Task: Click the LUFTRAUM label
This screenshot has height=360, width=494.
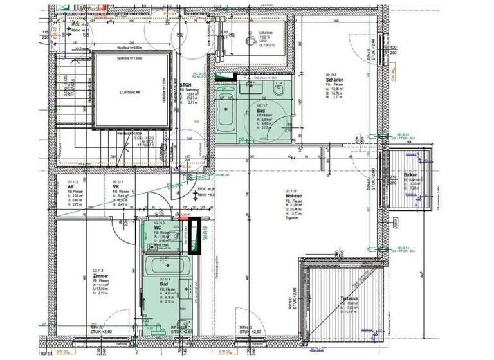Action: pos(131,93)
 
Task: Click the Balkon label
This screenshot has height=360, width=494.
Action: pos(412,175)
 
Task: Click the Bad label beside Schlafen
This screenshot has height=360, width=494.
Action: pos(261,110)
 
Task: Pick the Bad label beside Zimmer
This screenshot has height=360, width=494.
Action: pos(163,283)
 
